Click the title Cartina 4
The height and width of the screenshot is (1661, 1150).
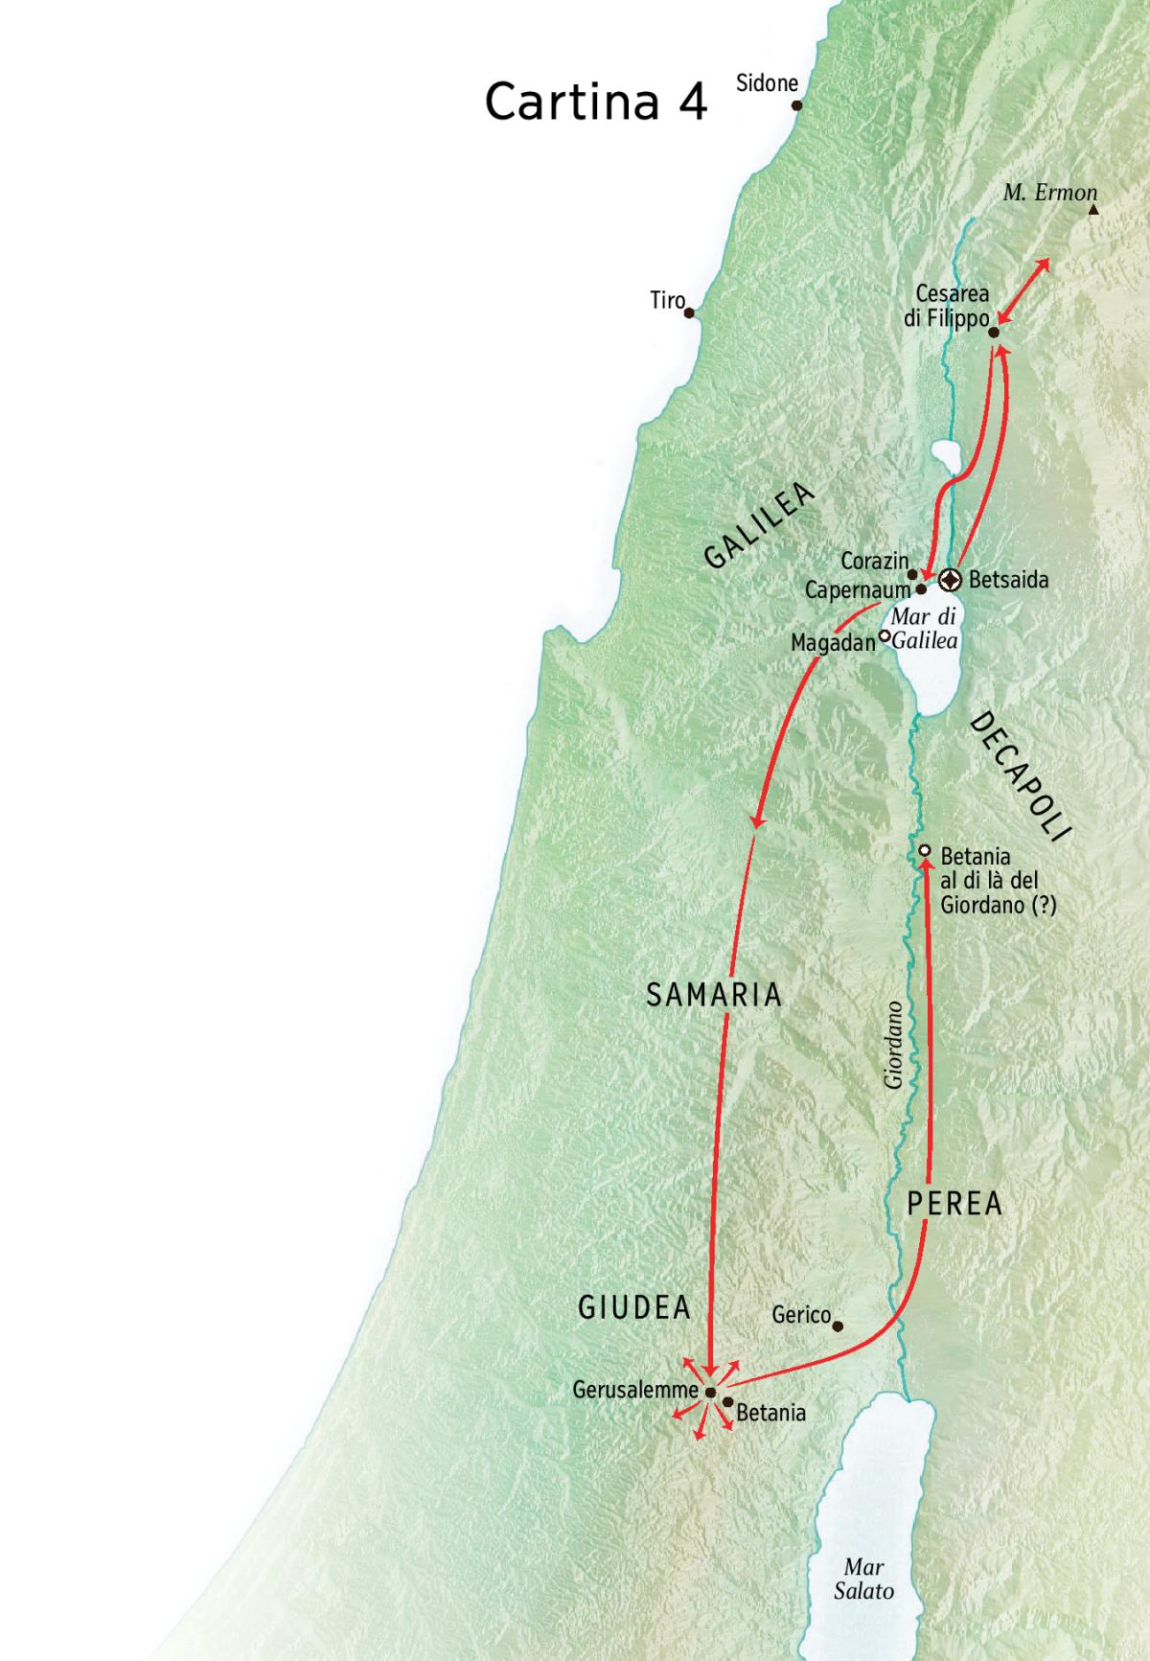595,102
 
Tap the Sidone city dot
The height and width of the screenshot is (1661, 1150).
796,105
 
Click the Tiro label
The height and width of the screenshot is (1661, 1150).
667,300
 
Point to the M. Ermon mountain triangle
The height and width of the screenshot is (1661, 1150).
1093,208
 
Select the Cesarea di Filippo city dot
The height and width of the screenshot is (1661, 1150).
994,333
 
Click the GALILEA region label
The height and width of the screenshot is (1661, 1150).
759,526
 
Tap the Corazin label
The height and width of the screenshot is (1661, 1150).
874,561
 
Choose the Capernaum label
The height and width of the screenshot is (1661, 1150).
857,590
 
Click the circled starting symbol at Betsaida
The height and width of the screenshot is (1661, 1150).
950,579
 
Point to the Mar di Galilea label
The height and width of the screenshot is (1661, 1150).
925,629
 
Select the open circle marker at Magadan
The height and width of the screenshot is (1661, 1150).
885,635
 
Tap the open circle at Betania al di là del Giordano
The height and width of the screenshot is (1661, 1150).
925,851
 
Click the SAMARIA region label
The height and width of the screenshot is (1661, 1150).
714,995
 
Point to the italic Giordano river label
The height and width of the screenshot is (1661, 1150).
893,1045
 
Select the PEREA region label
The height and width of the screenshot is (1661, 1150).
954,1204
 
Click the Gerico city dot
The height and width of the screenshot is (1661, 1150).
838,1326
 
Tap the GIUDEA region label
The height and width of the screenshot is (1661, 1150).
634,1307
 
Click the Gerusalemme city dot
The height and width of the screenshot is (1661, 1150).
710,1393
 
